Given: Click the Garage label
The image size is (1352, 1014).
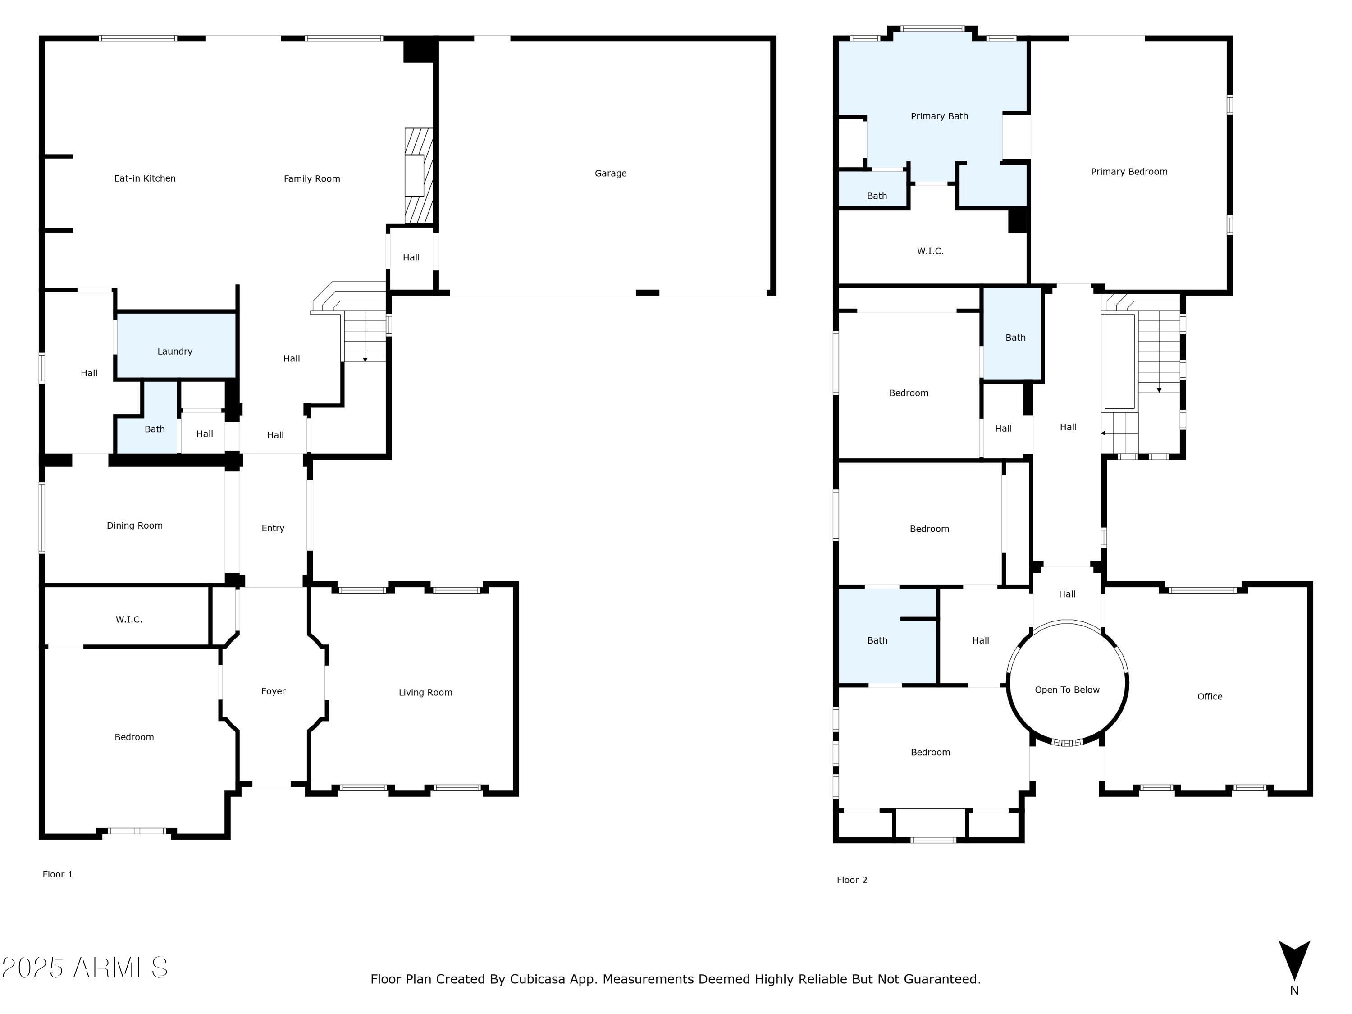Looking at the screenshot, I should point(610,174).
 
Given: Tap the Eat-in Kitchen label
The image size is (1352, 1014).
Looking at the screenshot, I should point(145,178).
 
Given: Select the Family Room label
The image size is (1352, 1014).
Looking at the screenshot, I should point(312,179).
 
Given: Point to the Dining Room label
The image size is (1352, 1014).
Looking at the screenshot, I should point(134,525).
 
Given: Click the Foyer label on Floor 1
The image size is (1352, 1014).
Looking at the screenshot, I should point(273,691).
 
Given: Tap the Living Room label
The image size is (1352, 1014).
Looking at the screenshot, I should point(425,693).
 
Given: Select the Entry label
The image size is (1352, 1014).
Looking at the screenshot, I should point(273,528).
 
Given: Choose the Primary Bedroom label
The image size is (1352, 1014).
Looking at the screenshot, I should point(1129,172).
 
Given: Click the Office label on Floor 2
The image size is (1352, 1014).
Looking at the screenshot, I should point(1210,697).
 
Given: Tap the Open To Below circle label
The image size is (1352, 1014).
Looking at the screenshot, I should point(1067,690).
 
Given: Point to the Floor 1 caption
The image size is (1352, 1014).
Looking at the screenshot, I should point(57,875).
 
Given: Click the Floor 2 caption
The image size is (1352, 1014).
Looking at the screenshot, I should point(851,880).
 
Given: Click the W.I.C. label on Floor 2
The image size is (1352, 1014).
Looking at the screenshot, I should point(930,251).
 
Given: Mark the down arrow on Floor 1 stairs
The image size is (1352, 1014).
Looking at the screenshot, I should point(365,359).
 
